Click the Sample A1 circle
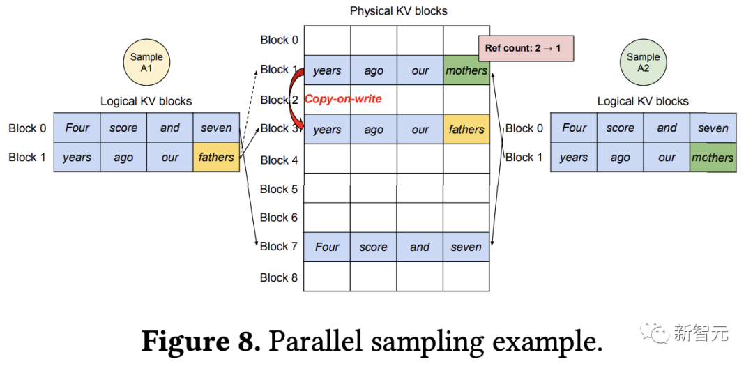[x=146, y=62]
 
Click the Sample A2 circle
[x=643, y=62]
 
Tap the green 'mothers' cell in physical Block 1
[x=466, y=70]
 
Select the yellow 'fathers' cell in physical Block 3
[x=466, y=130]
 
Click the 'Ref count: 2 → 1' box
[x=526, y=49]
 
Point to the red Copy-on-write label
[x=343, y=99]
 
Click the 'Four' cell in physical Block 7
[x=327, y=247]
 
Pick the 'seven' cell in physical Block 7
[x=466, y=247]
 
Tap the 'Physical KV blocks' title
[x=398, y=10]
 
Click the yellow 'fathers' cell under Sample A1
[x=216, y=157]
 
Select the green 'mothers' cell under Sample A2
[x=713, y=158]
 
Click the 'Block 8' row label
[x=279, y=277]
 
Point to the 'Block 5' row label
[x=279, y=189]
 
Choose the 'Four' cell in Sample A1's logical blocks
[x=77, y=128]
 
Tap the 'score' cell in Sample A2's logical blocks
[x=620, y=128]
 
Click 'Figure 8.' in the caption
[x=201, y=342]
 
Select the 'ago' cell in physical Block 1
[x=374, y=70]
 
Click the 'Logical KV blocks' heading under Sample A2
[x=643, y=101]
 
